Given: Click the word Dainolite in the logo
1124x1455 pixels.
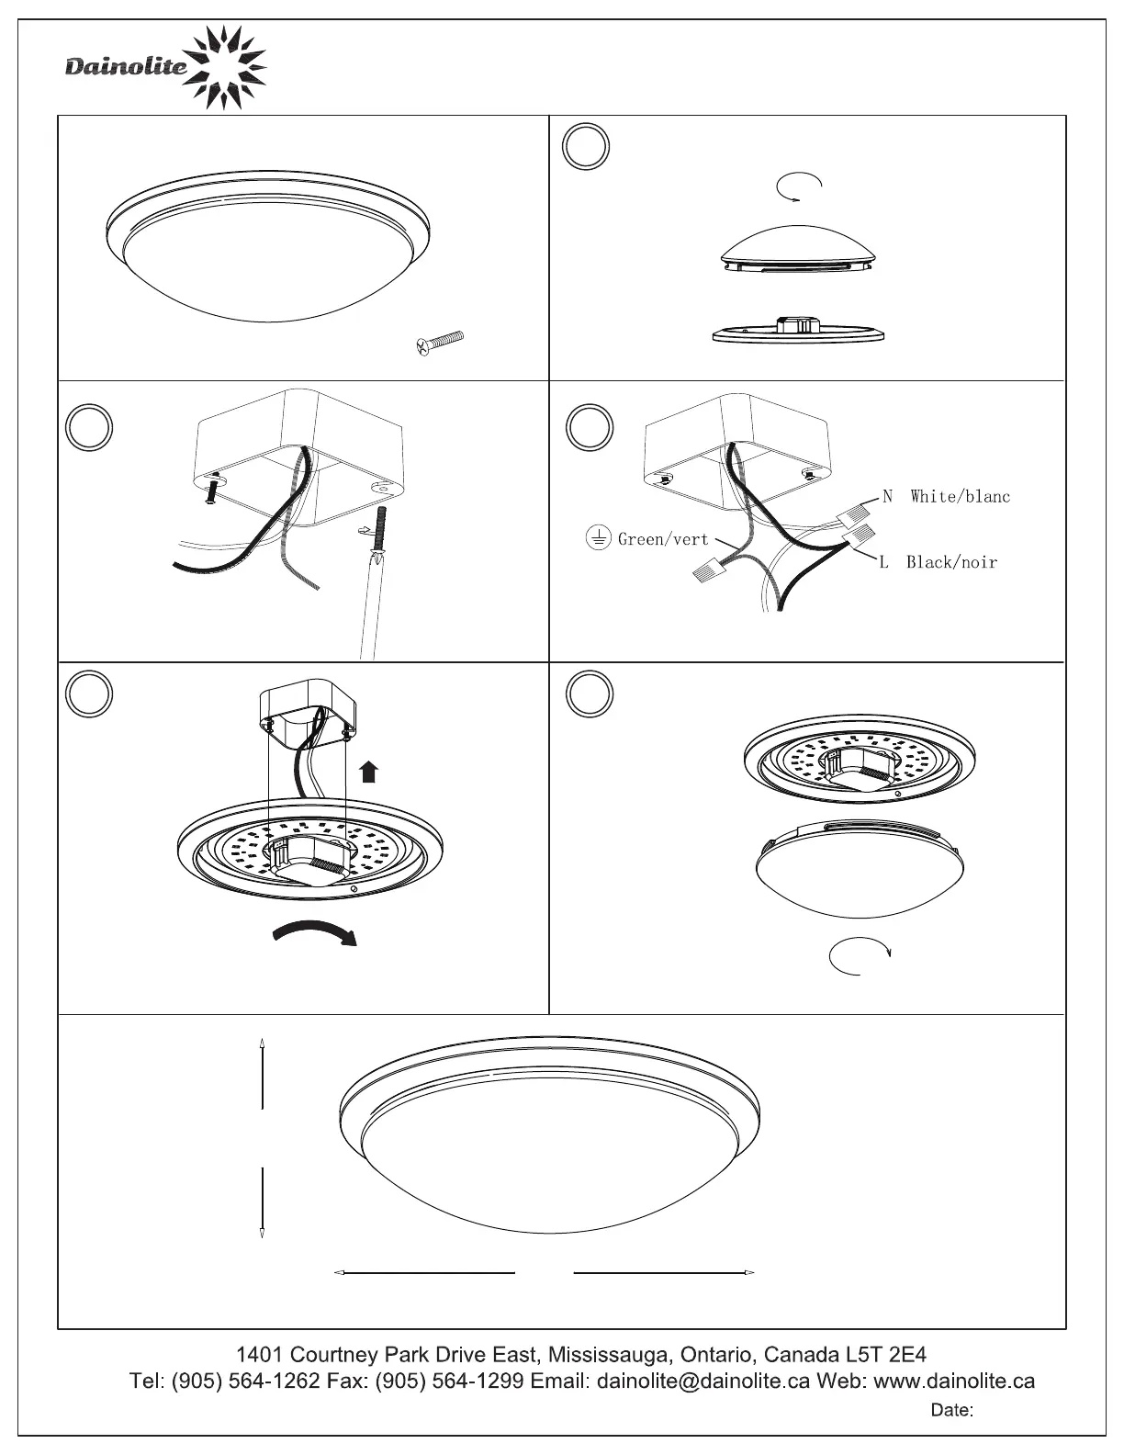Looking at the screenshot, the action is [x=125, y=66].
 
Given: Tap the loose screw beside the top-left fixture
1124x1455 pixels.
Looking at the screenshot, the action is [x=440, y=343].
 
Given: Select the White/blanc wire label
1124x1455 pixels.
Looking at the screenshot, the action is [x=960, y=497].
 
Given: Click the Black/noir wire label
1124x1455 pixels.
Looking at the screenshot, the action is [x=951, y=562].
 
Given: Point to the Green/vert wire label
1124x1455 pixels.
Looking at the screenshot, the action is [x=663, y=539].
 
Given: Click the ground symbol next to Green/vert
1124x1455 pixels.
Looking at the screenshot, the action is [x=599, y=538].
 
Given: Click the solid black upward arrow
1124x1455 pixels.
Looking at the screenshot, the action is [x=369, y=772].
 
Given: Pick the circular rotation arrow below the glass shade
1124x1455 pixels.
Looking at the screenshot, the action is [x=860, y=955].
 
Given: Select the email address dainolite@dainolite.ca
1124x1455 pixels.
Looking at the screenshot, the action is [x=702, y=1381].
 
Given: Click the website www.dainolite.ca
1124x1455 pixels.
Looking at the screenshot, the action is [x=954, y=1381].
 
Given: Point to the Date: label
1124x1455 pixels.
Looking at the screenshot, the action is [x=952, y=1410].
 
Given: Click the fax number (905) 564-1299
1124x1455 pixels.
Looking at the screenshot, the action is [x=449, y=1381].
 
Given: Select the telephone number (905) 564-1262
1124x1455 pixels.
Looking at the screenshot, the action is [x=246, y=1381].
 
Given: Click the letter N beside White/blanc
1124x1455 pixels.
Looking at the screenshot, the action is [x=888, y=497].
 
